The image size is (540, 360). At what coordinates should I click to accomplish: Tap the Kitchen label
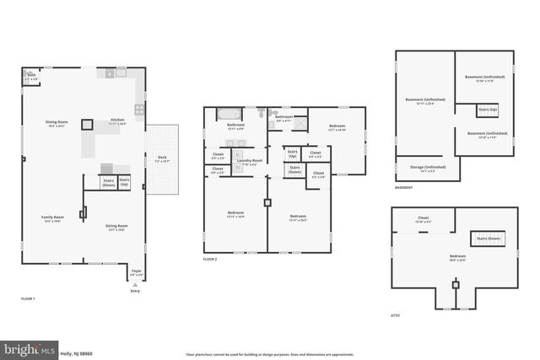click(117, 121)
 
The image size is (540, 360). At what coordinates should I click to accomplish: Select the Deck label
click(162, 159)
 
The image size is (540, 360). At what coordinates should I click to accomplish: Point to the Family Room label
click(53, 218)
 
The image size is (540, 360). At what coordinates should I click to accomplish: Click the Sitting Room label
click(117, 228)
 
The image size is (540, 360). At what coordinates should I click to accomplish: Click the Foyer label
click(136, 273)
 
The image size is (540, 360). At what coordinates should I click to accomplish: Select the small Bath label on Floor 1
click(31, 76)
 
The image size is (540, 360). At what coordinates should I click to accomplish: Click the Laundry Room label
click(249, 161)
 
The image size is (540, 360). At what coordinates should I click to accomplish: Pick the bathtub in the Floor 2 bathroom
click(230, 113)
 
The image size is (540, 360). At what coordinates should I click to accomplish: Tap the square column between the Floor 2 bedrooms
click(267, 202)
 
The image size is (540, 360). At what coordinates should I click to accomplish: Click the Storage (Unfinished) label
click(422, 168)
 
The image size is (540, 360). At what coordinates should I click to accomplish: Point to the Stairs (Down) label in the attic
click(489, 239)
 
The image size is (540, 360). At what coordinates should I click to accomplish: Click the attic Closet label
click(423, 218)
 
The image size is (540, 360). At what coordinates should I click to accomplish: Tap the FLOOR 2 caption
click(210, 260)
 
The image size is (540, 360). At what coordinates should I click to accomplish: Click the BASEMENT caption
click(403, 187)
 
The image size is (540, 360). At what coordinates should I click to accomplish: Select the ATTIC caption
click(396, 315)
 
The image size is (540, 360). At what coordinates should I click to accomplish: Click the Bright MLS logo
click(29, 347)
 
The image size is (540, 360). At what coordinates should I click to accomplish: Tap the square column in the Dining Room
click(86, 124)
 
